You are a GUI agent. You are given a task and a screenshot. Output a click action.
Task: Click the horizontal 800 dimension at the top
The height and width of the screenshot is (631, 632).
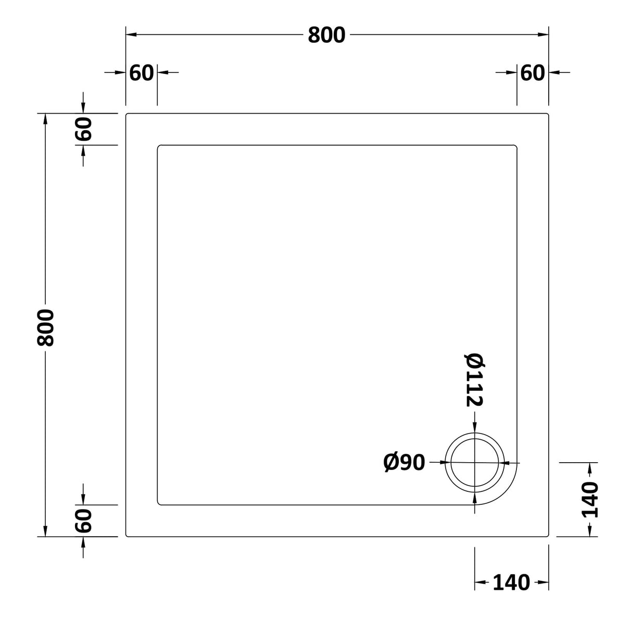tap(326, 35)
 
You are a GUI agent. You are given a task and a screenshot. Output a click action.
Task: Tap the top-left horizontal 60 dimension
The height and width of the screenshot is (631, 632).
tap(142, 73)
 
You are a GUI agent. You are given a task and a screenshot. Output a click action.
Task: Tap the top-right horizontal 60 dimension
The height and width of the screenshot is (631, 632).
tap(532, 73)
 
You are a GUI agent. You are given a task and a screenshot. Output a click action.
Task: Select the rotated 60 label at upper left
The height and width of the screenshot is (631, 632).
tap(83, 129)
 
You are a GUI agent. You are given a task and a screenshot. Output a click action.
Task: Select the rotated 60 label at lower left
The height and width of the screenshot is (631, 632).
tap(83, 521)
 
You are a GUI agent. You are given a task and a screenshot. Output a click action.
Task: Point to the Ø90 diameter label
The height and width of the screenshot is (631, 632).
tap(405, 462)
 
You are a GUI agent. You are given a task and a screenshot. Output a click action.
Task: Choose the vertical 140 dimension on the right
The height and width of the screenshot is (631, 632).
tap(589, 500)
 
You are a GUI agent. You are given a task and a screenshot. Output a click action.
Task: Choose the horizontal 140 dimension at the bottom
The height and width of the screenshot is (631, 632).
tap(511, 583)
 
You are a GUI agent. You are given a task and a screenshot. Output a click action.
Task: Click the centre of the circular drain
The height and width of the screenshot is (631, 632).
tap(475, 462)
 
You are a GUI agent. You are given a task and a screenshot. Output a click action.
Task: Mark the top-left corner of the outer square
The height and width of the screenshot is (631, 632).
tap(127, 114)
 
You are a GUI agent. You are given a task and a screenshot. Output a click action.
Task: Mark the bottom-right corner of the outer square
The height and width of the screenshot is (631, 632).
tap(548, 536)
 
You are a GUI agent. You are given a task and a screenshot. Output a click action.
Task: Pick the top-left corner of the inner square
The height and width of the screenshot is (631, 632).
tap(158, 146)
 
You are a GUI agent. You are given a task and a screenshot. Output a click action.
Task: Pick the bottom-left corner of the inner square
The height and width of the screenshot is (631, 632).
tap(158, 504)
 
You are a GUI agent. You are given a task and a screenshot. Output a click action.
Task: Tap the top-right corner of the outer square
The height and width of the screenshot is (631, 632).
tap(548, 114)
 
